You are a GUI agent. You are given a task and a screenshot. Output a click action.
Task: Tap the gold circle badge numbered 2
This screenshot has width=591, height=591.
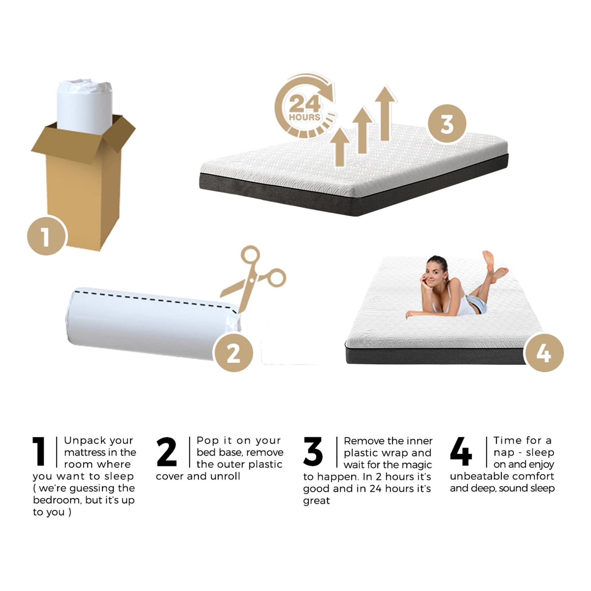(x=233, y=353)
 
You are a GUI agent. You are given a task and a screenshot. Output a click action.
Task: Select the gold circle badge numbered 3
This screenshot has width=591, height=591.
(x=447, y=124)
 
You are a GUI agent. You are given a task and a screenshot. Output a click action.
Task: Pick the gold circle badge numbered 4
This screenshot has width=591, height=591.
(x=544, y=353)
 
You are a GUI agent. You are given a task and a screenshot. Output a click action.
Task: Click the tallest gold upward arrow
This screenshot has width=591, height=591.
(x=385, y=113)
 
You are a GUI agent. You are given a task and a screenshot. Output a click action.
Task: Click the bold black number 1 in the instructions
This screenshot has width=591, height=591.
(x=39, y=451)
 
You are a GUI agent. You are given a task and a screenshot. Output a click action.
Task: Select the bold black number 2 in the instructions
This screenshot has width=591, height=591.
(x=167, y=451)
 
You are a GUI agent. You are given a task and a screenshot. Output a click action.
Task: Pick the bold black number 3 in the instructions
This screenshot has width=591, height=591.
(x=313, y=451)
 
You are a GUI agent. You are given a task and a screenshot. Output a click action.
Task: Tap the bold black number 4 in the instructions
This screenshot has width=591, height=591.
(x=461, y=451)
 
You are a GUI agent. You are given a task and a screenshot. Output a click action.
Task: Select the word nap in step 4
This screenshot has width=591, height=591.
(x=504, y=452)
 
